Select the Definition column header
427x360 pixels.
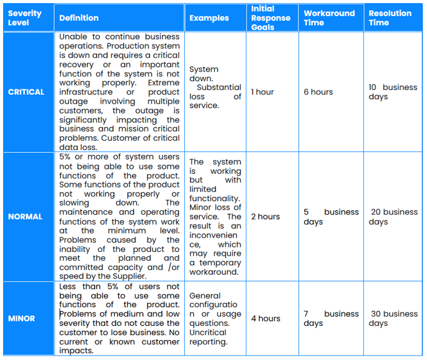[79, 18]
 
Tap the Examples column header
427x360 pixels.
[209, 18]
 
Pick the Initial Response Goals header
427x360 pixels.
[271, 18]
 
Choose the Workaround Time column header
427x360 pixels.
[329, 18]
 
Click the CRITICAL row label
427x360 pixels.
[26, 92]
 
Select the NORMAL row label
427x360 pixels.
[25, 217]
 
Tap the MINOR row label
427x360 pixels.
[22, 318]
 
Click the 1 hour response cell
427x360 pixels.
[263, 92]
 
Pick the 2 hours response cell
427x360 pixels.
[265, 217]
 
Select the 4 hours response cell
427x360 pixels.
[266, 318]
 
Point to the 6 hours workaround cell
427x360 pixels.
[318, 92]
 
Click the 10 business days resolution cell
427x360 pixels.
[392, 92]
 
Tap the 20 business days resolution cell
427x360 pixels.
[393, 217]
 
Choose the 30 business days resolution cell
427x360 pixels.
[393, 318]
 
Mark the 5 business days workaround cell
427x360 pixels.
[331, 217]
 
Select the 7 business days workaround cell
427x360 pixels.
[331, 318]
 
